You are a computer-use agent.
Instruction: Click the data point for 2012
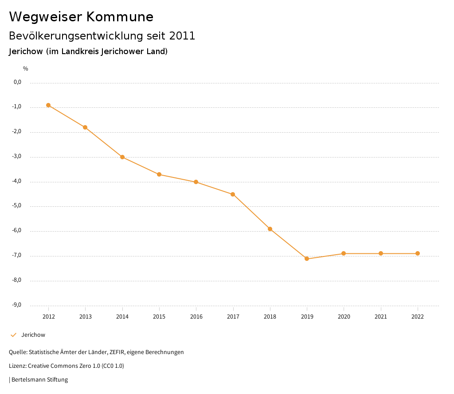[x=48, y=105]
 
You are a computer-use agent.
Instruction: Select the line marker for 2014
[x=122, y=157]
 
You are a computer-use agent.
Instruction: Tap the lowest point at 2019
[x=307, y=259]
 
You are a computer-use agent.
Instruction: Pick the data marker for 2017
[x=233, y=194]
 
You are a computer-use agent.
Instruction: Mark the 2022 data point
[x=418, y=253]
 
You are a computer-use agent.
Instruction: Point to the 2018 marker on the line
[x=270, y=229]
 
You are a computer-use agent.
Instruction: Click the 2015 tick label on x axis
[x=159, y=317]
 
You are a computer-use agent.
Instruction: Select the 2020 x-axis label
[x=344, y=317]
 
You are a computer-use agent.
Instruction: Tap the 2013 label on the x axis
[x=86, y=317]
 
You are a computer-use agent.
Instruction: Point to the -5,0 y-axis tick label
[x=17, y=206]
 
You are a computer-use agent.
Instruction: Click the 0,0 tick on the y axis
[x=18, y=82]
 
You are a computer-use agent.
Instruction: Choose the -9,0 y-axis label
[x=17, y=305]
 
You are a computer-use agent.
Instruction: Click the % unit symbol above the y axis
[x=26, y=69]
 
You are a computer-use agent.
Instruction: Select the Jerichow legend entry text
[x=33, y=335]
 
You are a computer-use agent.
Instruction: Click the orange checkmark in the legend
[x=13, y=335]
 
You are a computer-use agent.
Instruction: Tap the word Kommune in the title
[x=120, y=17]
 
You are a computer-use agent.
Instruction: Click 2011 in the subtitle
[x=182, y=36]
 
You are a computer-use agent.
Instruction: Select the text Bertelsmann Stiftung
[x=39, y=380]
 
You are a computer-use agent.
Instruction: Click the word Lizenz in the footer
[x=17, y=366]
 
